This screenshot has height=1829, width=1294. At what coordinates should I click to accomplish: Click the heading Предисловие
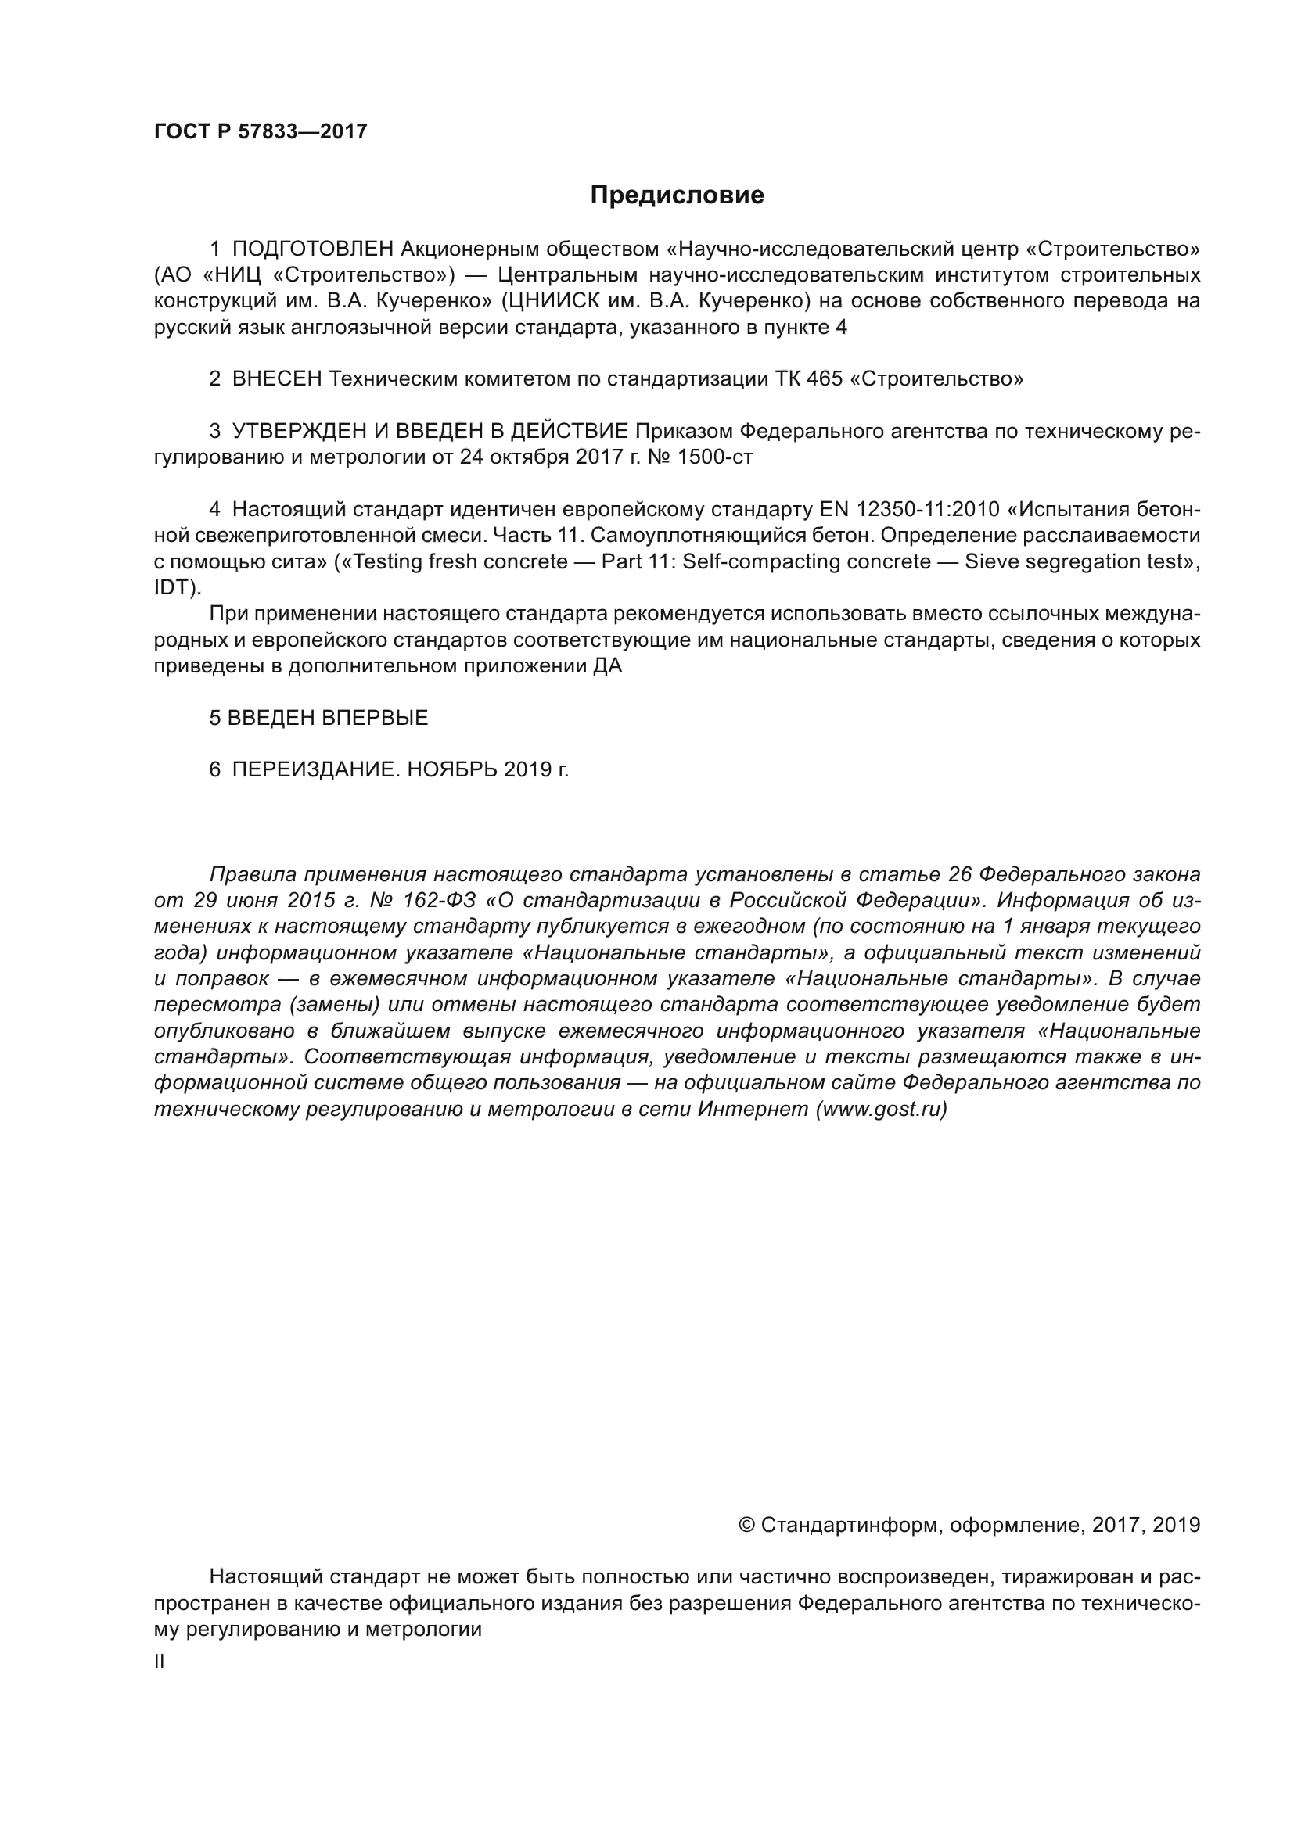point(677,195)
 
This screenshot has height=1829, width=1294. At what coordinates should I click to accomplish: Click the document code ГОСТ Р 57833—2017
point(261,131)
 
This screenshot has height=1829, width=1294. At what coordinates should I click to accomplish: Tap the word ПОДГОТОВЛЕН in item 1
point(312,249)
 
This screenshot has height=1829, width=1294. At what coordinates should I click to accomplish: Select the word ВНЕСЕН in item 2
point(276,379)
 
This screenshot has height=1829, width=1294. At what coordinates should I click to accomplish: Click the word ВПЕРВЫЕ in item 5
point(375,718)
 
